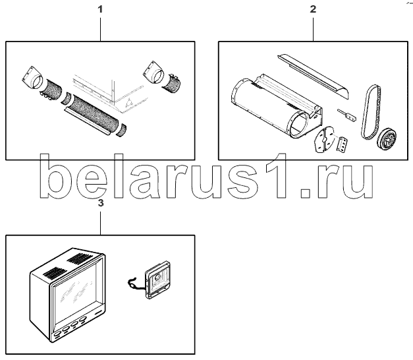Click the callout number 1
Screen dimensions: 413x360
click(100, 9)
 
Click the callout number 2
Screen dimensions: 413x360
click(313, 9)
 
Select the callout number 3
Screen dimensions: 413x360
click(101, 203)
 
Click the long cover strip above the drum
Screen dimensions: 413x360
click(313, 76)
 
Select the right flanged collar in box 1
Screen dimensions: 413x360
click(154, 71)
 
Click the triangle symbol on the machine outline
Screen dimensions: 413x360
click(129, 102)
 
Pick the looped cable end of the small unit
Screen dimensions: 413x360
click(131, 282)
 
